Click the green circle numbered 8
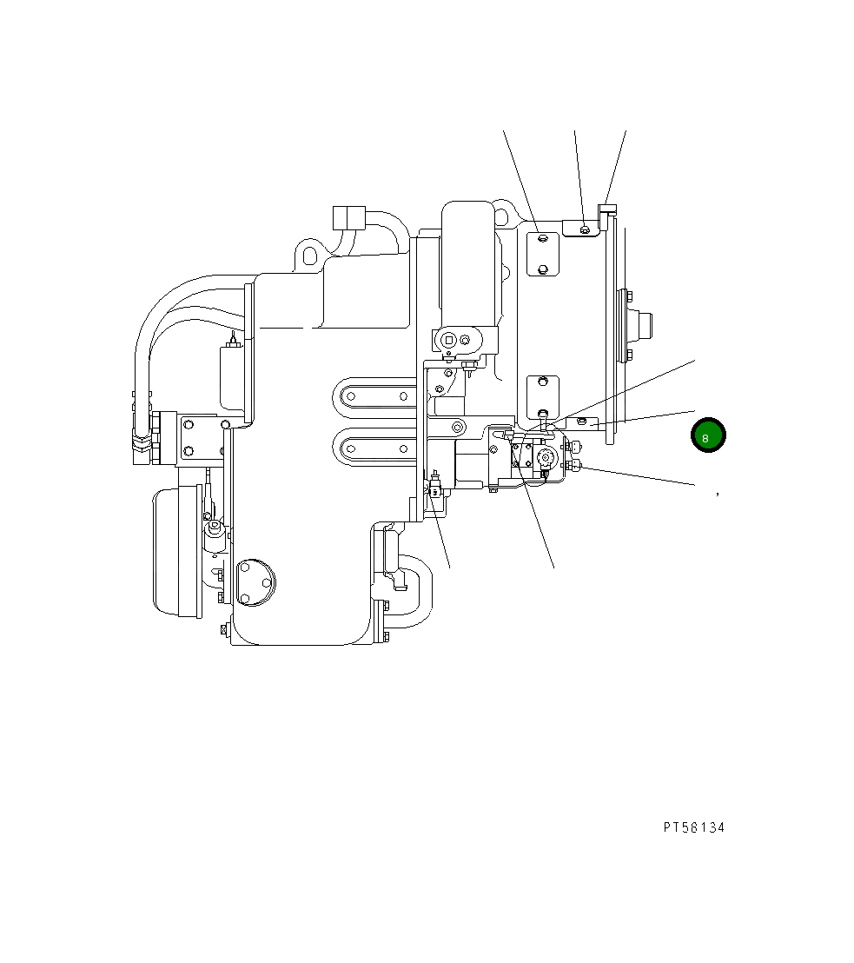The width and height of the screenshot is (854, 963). click(x=707, y=435)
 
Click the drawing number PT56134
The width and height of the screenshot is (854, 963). click(x=693, y=827)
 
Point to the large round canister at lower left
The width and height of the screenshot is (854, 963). click(x=177, y=553)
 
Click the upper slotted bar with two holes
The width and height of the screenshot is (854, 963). click(x=376, y=395)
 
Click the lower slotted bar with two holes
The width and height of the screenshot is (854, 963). click(x=376, y=449)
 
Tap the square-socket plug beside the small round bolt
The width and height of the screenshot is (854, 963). click(x=448, y=340)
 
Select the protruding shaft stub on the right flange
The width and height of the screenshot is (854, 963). click(x=644, y=325)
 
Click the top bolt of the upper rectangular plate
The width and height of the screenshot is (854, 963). click(x=542, y=237)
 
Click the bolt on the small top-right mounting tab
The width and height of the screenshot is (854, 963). click(x=586, y=229)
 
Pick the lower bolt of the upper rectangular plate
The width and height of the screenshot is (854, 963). click(x=542, y=268)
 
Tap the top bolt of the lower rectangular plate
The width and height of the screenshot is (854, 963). click(x=542, y=381)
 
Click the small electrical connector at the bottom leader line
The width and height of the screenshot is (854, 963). click(x=434, y=484)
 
